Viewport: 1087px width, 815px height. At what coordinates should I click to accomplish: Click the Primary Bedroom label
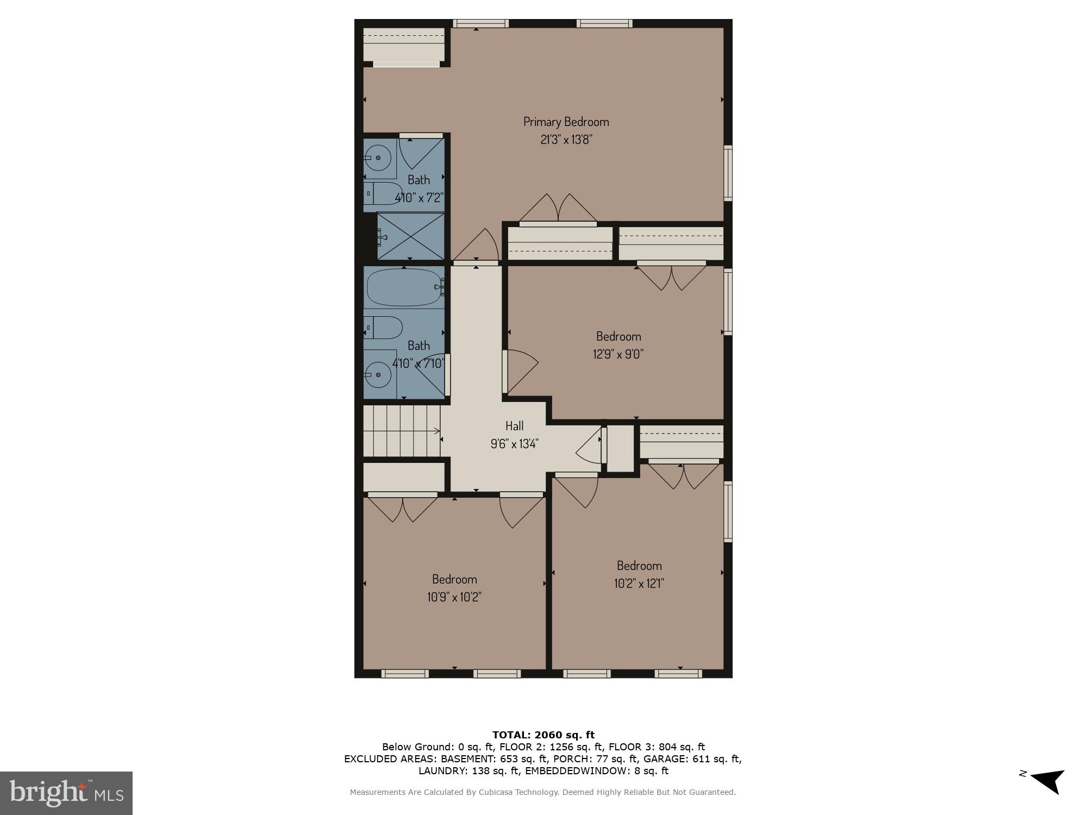(x=566, y=122)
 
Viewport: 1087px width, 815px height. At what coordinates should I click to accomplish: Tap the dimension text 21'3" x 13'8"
(x=566, y=140)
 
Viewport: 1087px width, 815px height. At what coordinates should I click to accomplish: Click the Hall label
(x=514, y=426)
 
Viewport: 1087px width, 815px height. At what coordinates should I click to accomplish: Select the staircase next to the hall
(x=402, y=432)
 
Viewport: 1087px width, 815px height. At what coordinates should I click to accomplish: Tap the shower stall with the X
(x=411, y=236)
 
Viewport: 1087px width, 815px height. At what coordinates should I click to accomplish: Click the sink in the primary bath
(x=378, y=158)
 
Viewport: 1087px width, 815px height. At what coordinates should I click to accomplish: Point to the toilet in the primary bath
(x=383, y=193)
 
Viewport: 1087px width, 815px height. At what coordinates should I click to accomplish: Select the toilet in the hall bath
(x=384, y=328)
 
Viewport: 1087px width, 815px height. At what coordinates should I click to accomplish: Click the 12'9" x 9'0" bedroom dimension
(x=618, y=354)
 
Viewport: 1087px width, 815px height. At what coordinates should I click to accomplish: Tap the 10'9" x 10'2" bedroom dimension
(x=454, y=597)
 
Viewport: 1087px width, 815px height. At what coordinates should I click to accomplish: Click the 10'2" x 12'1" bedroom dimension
(x=639, y=584)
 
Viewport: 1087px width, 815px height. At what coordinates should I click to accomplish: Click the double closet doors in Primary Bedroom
(x=558, y=209)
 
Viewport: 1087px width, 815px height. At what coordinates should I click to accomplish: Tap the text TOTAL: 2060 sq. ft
(x=543, y=735)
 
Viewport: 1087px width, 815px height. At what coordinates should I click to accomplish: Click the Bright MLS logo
(x=66, y=793)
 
